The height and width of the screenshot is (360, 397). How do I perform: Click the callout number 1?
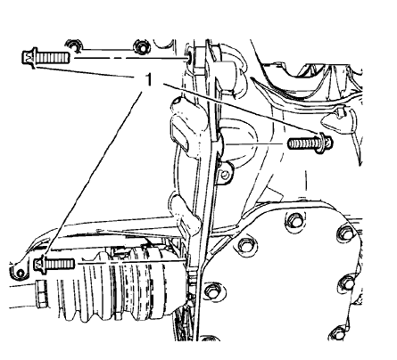(148, 80)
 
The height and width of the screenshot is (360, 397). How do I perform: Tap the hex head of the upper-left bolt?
(29, 57)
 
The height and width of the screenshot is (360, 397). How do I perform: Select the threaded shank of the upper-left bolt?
(54, 57)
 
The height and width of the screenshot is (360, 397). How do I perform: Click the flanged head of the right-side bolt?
(325, 143)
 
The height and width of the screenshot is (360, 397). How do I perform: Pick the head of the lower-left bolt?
(41, 264)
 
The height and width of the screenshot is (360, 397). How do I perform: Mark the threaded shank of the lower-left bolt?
(61, 264)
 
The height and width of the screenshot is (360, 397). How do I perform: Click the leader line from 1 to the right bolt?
(243, 110)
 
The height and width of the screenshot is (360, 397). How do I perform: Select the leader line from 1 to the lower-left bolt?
(94, 174)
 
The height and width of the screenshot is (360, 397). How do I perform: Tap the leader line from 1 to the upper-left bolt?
(85, 72)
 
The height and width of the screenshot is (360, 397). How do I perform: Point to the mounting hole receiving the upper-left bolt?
(189, 57)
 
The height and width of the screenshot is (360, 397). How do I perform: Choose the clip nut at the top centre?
(140, 47)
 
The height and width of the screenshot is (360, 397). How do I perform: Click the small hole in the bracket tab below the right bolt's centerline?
(225, 176)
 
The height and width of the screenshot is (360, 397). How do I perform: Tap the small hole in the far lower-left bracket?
(21, 273)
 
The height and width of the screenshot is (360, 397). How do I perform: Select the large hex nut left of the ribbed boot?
(41, 293)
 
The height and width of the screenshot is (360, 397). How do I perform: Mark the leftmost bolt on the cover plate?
(211, 291)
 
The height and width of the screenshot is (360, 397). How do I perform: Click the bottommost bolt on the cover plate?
(337, 333)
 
